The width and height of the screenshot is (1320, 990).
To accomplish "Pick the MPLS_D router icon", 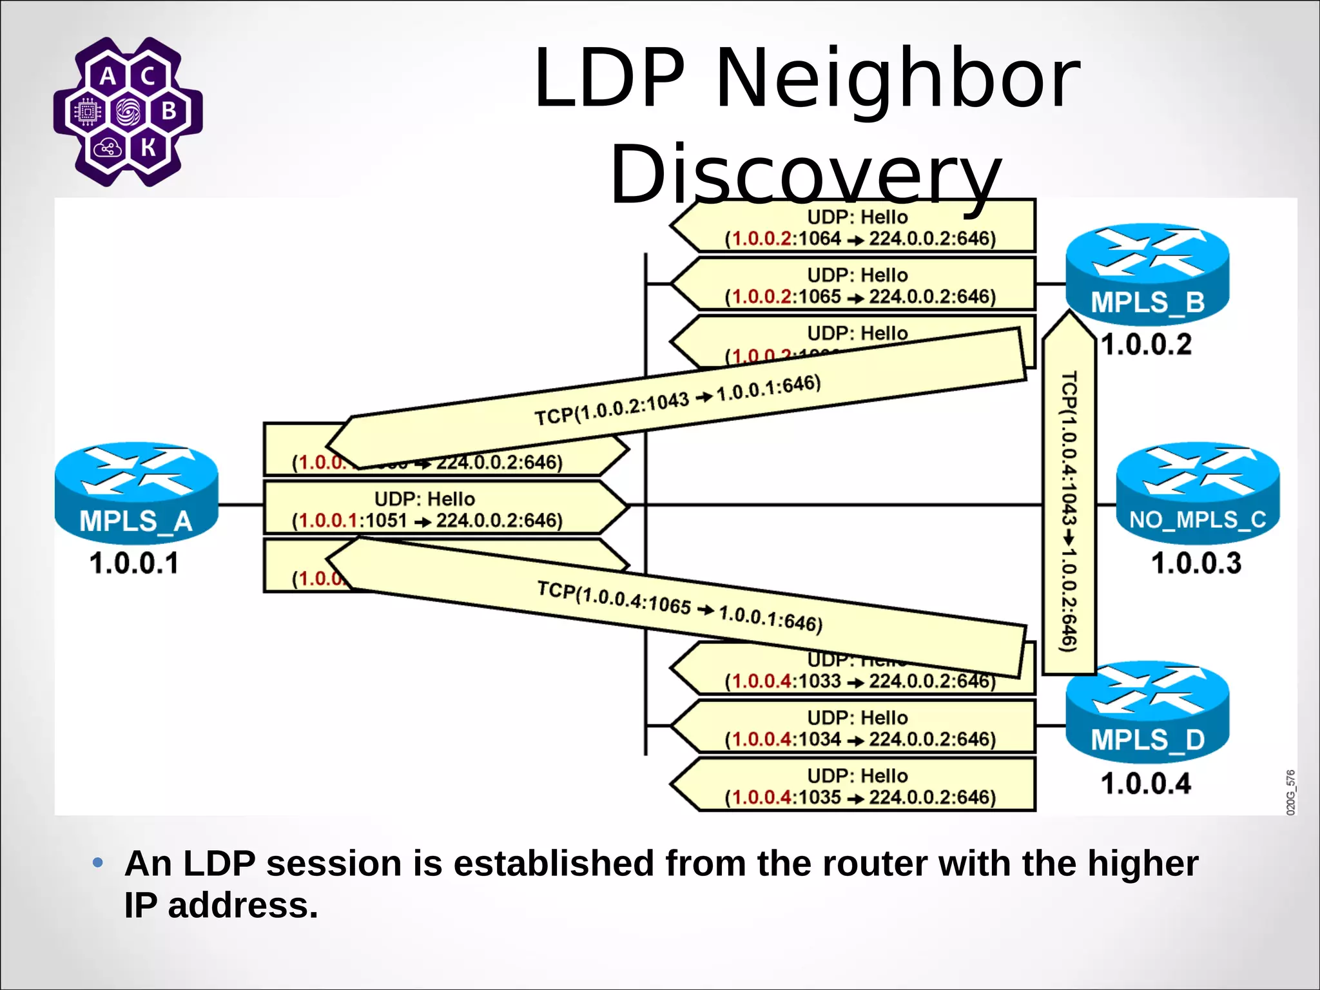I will point(1147,712).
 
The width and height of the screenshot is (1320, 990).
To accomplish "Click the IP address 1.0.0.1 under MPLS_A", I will point(134,563).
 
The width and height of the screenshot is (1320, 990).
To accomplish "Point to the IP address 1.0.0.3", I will point(1196,563).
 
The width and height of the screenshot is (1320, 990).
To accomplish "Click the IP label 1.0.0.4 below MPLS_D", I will point(1146,784).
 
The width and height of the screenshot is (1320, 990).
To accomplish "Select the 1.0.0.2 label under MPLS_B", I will point(1147,345).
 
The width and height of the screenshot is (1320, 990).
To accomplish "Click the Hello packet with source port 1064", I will point(857,227).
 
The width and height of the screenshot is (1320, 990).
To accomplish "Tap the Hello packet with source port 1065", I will point(857,285).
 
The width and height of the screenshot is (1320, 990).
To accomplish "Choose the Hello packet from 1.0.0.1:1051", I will point(427,509).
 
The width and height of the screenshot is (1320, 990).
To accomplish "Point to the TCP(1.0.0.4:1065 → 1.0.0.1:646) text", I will point(679,607).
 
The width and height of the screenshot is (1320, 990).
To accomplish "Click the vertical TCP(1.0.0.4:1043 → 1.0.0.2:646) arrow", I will point(1069,509).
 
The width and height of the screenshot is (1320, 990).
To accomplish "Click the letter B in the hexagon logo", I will point(170,111).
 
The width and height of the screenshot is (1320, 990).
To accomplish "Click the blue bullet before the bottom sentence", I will point(98,862).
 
